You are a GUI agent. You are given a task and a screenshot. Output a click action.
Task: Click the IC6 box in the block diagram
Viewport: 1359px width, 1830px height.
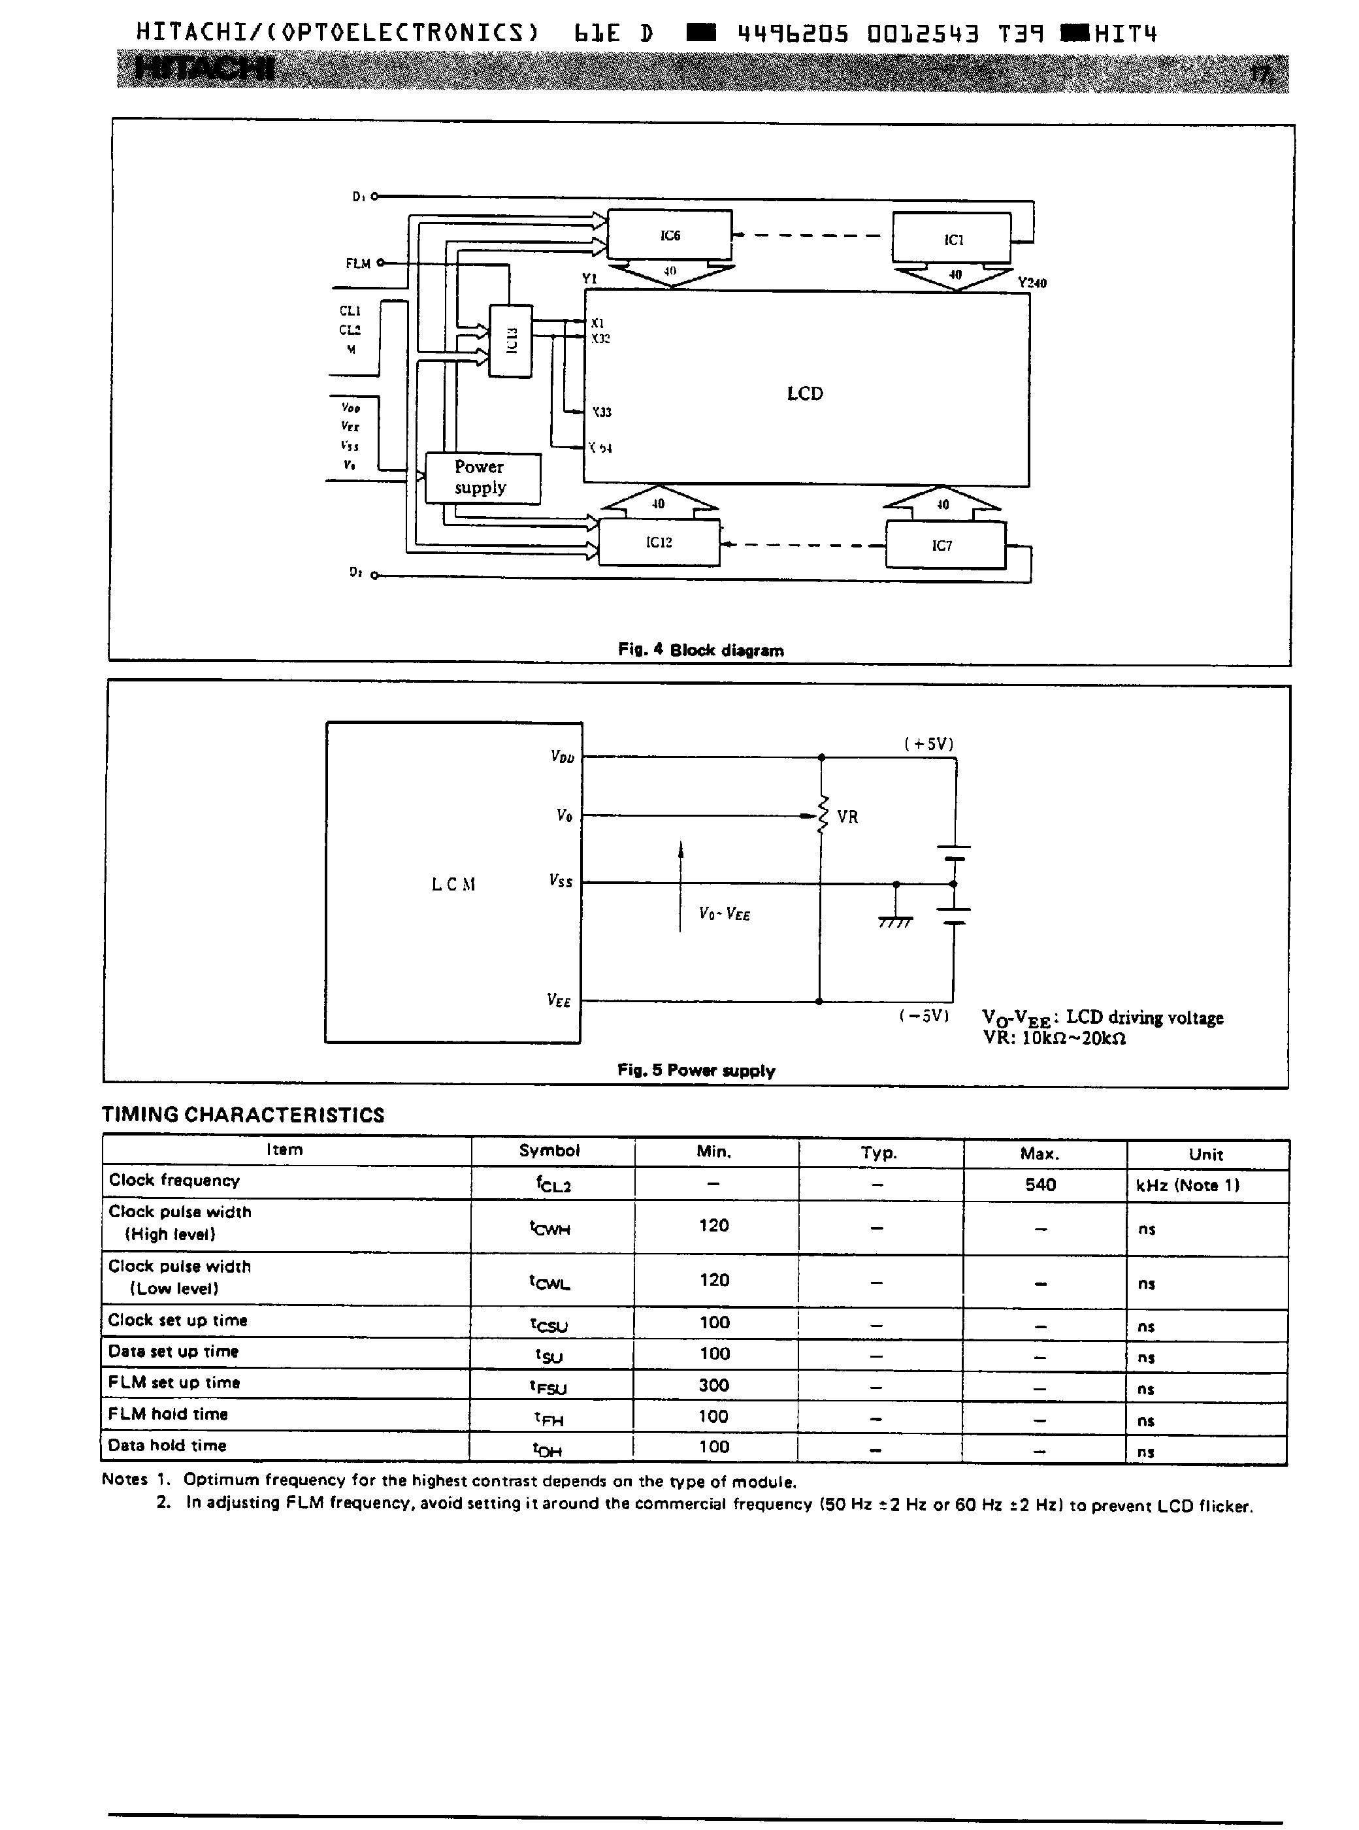click(x=670, y=235)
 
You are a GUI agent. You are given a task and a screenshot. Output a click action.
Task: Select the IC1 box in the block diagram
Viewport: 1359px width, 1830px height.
click(x=952, y=238)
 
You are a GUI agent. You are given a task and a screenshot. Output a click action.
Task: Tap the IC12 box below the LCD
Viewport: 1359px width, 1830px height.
click(x=659, y=542)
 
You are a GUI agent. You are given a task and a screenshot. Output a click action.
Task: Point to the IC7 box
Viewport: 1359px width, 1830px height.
click(x=944, y=546)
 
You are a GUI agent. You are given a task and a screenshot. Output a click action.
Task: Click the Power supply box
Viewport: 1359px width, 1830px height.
click(x=482, y=478)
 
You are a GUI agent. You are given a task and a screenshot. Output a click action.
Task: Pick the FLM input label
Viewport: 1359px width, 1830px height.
click(x=358, y=263)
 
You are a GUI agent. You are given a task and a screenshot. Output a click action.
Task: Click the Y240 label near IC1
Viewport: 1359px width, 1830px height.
click(x=1032, y=283)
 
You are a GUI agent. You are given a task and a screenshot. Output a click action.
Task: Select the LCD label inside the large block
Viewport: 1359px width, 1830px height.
click(x=804, y=393)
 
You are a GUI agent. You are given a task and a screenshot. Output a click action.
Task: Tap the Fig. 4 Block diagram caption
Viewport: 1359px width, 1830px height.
click(x=701, y=650)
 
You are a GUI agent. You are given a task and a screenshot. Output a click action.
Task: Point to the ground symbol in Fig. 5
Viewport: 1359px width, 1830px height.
click(x=896, y=921)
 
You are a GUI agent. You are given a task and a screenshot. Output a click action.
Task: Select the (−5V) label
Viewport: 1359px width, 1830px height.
click(x=925, y=1016)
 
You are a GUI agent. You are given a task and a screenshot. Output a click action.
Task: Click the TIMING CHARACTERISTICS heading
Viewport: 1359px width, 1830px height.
click(x=242, y=1115)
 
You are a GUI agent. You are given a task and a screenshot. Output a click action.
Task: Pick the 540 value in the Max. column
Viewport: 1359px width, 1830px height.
click(x=1041, y=1185)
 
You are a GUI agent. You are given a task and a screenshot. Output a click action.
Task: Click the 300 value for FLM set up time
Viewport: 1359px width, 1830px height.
click(x=714, y=1385)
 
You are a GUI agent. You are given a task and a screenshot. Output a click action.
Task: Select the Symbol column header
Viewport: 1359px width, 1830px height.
click(x=549, y=1151)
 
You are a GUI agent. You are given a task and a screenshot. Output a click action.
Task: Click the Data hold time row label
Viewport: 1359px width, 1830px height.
click(x=167, y=1445)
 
